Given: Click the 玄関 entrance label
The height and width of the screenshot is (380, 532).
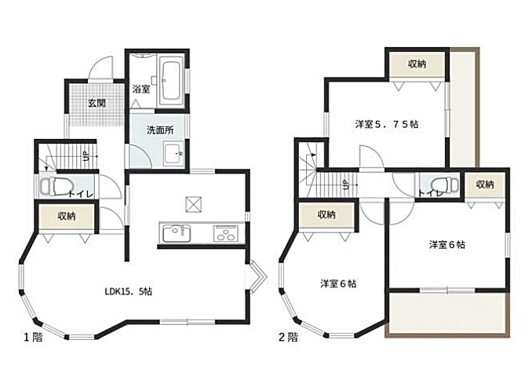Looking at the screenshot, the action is [x=97, y=103].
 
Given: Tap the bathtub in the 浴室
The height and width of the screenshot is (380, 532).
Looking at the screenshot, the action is [x=170, y=81].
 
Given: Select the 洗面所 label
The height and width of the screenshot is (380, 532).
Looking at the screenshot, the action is [x=160, y=130].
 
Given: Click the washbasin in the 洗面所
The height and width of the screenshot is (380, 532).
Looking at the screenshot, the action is [x=173, y=154].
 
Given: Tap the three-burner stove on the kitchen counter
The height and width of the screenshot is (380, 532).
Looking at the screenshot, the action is [x=226, y=233].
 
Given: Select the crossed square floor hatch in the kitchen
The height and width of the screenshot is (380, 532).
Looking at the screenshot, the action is [x=194, y=205].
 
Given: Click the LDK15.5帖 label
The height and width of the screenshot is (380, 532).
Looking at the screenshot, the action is [x=128, y=291].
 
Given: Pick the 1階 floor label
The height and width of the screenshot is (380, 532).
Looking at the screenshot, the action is [x=33, y=338].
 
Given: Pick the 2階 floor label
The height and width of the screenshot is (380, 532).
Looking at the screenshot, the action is [x=289, y=338].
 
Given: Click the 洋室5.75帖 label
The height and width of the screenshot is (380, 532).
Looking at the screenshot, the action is [x=387, y=124].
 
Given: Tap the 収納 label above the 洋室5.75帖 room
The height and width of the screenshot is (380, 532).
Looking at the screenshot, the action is [x=417, y=64].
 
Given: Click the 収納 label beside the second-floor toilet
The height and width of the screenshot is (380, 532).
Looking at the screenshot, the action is [x=485, y=185].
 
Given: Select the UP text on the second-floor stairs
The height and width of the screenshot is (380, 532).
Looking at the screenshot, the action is [x=345, y=185].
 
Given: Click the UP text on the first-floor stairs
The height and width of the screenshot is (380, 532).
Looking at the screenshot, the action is [x=86, y=156].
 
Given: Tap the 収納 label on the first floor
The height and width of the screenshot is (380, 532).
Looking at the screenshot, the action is [x=67, y=216].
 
